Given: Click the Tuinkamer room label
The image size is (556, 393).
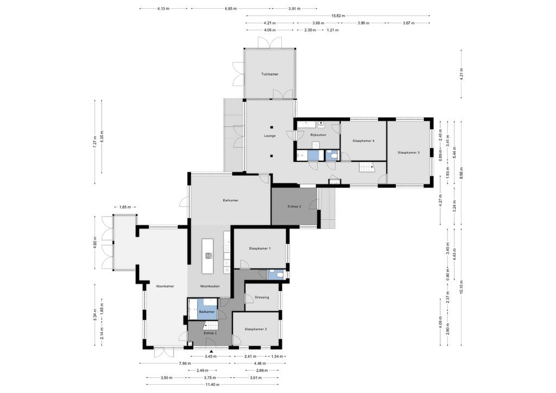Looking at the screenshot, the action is (270, 74).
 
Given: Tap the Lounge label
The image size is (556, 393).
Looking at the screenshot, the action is (270, 136).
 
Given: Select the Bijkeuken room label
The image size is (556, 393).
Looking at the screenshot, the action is (318, 135).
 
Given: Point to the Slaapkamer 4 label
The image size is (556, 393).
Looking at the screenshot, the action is (363, 141).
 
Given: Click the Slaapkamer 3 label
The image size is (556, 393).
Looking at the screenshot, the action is (408, 153).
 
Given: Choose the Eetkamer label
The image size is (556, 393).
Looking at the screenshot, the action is (230, 201).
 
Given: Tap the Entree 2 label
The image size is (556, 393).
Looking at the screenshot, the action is (294, 207).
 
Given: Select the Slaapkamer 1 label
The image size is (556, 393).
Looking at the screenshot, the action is (260, 249).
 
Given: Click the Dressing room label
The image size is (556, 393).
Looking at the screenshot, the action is (262, 297).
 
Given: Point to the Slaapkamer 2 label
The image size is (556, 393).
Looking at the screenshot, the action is (256, 329).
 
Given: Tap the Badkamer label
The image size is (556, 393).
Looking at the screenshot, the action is (207, 312).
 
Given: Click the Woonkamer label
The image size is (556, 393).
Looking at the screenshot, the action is (165, 286).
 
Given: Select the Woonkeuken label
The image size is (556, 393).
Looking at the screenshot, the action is (210, 286).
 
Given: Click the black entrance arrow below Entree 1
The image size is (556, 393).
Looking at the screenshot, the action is (211, 352).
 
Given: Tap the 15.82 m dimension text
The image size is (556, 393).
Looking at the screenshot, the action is (338, 16).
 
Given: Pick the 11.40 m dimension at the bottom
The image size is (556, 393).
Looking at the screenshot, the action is (212, 384).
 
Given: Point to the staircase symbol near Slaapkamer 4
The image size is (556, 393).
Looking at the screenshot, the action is (367, 167).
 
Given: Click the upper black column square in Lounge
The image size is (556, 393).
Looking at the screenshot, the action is (271, 128).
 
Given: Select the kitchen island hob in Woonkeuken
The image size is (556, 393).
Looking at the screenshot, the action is (208, 255).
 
